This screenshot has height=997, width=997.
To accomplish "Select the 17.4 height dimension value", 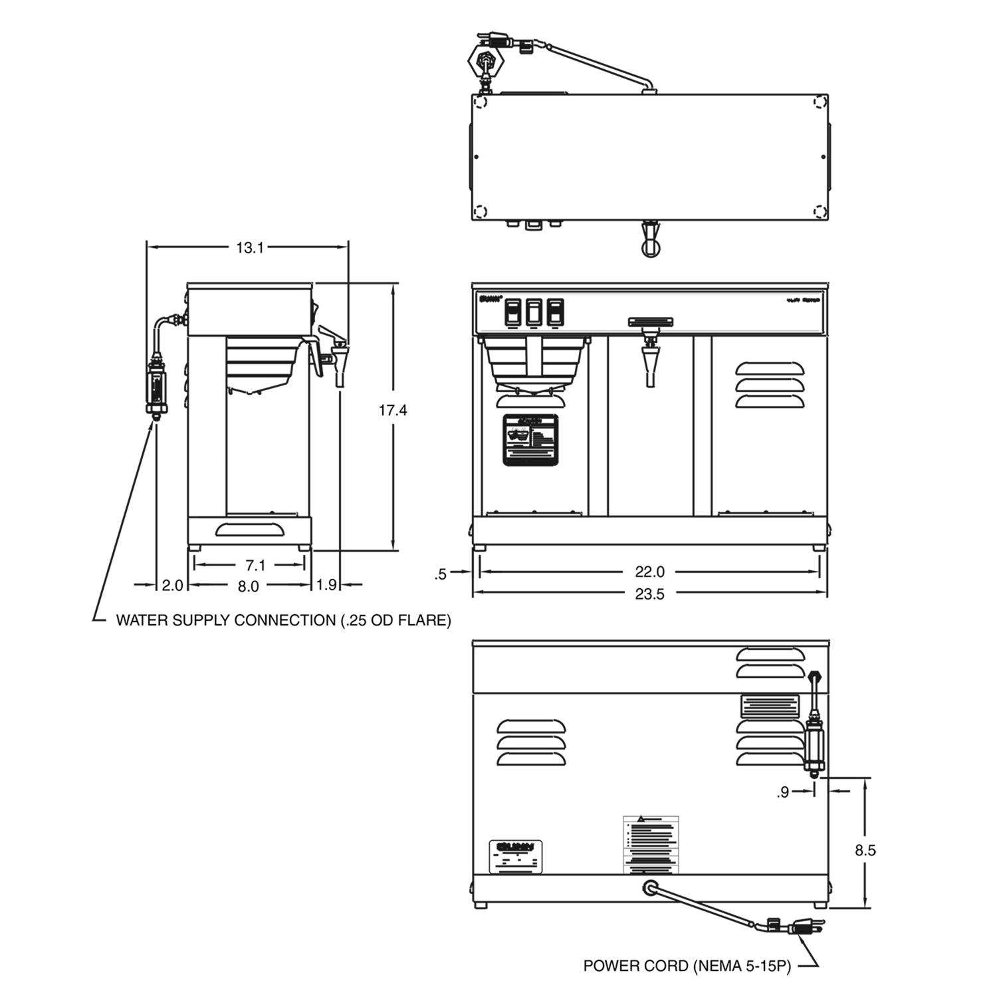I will (393, 410).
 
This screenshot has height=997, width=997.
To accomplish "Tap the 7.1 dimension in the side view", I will (255, 566).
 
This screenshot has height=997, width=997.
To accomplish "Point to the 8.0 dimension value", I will (248, 586).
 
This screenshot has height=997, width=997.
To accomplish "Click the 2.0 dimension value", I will (172, 586).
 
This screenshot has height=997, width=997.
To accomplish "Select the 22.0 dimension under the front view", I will (649, 572).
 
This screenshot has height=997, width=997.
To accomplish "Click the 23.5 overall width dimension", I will (649, 594).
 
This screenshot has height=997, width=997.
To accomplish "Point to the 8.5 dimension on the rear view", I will (866, 849).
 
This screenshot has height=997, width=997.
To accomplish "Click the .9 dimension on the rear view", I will (783, 792).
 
